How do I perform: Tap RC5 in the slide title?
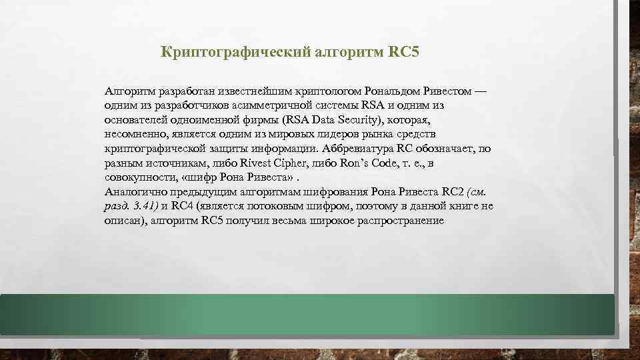tap(403, 51)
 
